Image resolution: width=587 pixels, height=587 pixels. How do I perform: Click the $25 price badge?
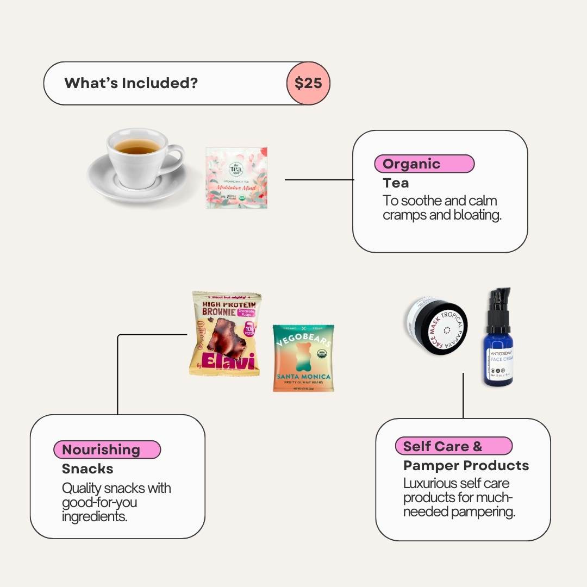(x=308, y=83)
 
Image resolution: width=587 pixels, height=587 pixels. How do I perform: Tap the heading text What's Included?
(x=131, y=83)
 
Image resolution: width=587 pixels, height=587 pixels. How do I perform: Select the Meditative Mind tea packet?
(x=236, y=178)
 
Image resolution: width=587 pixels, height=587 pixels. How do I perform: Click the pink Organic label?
(x=424, y=164)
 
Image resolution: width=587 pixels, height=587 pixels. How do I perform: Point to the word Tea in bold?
(x=396, y=183)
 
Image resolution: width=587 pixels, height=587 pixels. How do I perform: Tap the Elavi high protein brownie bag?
(x=226, y=334)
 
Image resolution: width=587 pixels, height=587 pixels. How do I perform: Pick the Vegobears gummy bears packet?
(x=303, y=358)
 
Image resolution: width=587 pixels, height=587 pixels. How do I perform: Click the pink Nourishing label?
(x=107, y=449)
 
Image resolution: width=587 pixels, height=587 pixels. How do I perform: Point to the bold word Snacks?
(x=88, y=469)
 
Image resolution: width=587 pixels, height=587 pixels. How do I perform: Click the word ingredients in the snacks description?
(x=95, y=516)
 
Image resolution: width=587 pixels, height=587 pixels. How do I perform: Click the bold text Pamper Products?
(x=466, y=465)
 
